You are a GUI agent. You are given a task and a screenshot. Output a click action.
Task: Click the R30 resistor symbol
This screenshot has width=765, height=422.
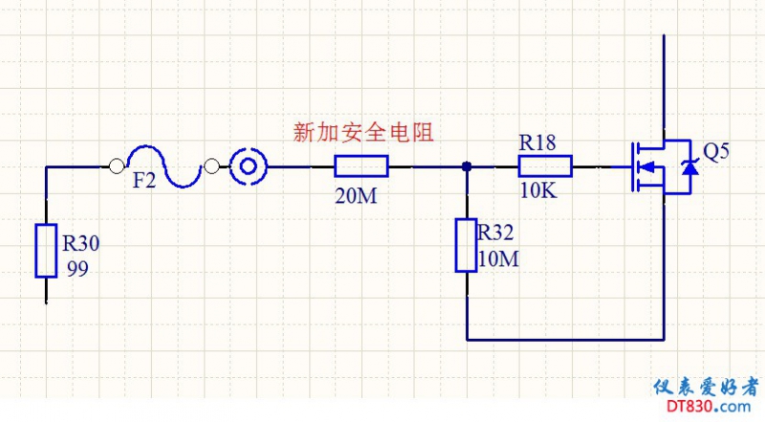(46, 251)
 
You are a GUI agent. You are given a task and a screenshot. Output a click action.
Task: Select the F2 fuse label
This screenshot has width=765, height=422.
(143, 180)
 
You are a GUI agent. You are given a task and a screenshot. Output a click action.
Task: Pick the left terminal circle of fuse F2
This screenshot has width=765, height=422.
(118, 167)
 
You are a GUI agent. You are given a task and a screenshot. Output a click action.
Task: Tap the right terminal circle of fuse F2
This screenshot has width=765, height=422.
(211, 167)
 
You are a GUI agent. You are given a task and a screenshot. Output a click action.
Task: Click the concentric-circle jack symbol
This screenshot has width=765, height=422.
(248, 167)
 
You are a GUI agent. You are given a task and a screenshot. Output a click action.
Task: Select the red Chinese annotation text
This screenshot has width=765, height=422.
(368, 133)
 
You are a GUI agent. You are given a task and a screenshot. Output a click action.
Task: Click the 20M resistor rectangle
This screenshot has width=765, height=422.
(361, 167)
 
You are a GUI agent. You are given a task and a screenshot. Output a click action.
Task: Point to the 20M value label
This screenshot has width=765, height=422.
(356, 196)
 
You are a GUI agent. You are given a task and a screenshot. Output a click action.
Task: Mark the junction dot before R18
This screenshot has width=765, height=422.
(466, 167)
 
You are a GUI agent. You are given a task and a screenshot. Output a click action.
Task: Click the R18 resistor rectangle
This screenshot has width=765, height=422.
(545, 167)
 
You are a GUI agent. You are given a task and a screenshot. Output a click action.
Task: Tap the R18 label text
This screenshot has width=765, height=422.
(538, 144)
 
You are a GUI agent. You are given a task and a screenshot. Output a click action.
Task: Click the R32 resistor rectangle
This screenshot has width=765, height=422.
(466, 245)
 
